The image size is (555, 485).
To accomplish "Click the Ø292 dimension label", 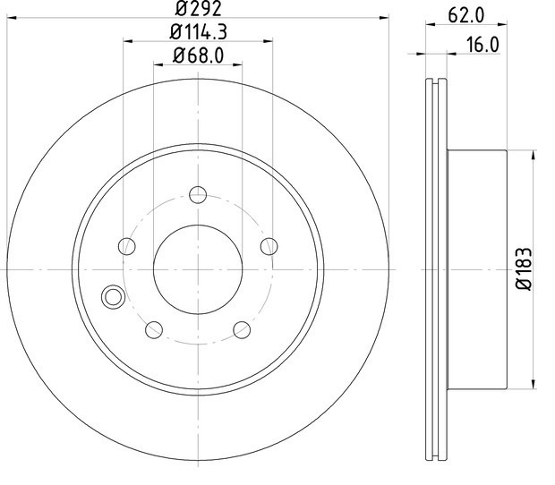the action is [x=198, y=8].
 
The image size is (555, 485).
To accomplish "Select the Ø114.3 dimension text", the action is [x=198, y=32].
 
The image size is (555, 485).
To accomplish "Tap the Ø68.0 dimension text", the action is [x=198, y=55].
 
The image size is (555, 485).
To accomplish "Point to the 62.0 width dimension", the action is [x=465, y=15].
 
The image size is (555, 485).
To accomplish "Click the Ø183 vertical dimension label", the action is [x=525, y=269].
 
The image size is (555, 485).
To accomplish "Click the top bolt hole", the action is [x=198, y=194].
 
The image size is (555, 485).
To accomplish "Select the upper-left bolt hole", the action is [x=127, y=246].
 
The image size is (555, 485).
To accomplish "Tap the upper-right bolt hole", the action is [x=269, y=246].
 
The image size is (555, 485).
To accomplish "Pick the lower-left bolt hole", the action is [x=154, y=329].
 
